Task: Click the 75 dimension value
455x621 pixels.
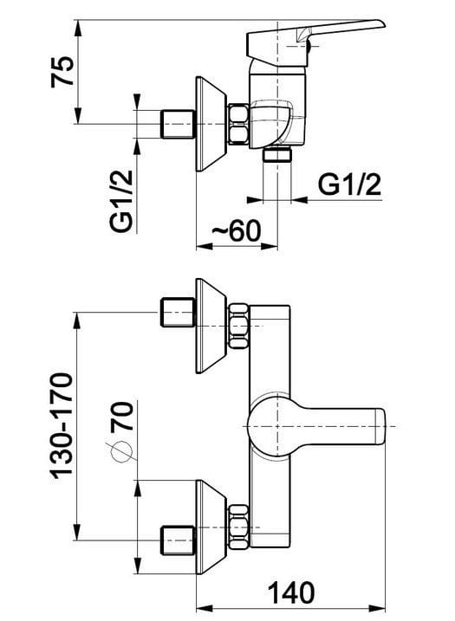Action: click(x=62, y=71)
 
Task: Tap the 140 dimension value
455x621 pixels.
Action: click(x=291, y=593)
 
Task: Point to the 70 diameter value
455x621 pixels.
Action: click(x=121, y=416)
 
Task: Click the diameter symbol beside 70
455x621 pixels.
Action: click(x=120, y=451)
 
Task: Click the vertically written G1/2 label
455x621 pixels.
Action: click(x=120, y=201)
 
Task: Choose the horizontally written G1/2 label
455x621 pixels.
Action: click(x=349, y=184)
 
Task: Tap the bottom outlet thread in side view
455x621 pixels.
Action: click(x=277, y=154)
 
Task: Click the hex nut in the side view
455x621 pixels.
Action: click(x=238, y=124)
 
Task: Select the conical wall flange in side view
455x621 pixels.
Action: click(x=211, y=124)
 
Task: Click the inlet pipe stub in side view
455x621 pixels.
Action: click(x=178, y=124)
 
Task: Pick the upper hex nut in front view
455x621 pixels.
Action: click(x=239, y=326)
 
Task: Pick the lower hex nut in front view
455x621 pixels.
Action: click(x=239, y=527)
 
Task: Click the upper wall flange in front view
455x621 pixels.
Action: click(x=211, y=326)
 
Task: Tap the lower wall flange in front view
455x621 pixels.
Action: click(x=211, y=527)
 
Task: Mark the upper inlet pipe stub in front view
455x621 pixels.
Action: click(x=178, y=313)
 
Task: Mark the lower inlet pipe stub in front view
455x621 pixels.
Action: click(x=178, y=540)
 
